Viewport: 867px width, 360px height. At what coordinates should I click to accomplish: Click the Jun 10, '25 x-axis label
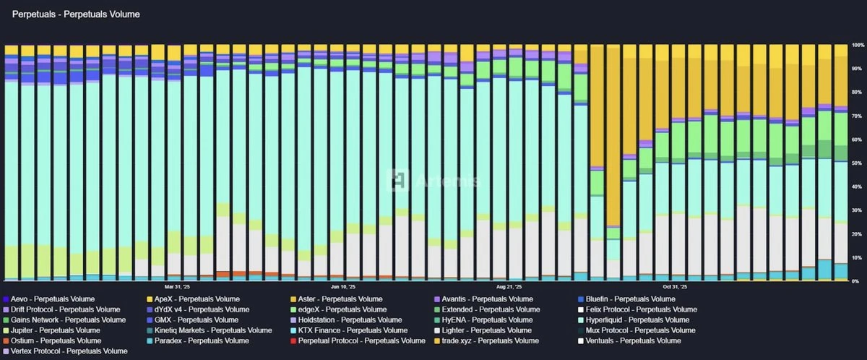343,286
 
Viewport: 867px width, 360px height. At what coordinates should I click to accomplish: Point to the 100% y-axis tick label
858,46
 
